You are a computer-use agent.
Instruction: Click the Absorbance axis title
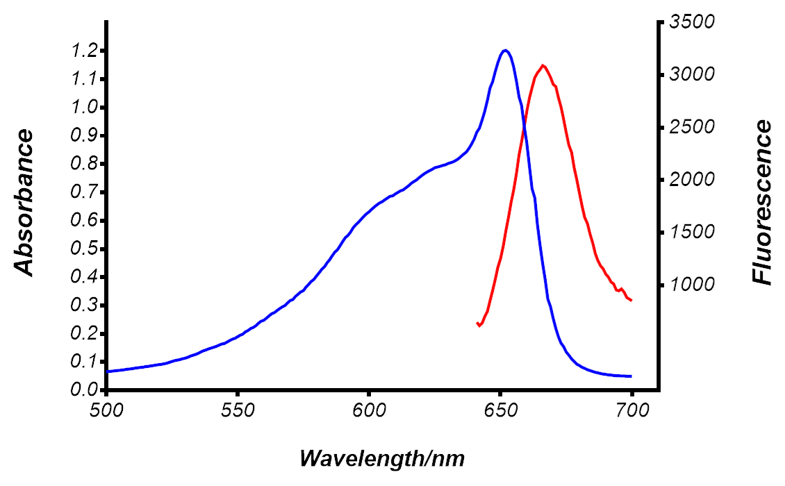coord(25,203)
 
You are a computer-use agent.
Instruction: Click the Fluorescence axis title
coord(763,202)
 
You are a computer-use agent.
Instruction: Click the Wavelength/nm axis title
coord(382,458)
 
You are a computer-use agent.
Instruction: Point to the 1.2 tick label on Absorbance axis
coord(84,51)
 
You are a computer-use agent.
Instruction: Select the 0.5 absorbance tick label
coord(84,249)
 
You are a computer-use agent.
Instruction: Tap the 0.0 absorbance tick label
coord(84,390)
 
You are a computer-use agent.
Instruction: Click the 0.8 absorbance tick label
coord(84,164)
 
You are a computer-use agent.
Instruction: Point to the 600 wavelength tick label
coord(369,409)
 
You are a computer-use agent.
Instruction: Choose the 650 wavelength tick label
coord(500,409)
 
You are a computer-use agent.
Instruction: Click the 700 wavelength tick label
coord(631,409)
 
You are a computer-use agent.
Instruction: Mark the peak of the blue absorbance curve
coord(505,50)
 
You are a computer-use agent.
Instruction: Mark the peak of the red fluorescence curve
coord(543,65)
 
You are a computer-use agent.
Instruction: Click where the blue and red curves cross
coord(523,126)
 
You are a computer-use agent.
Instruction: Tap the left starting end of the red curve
coord(478,324)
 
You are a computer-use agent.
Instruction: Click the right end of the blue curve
coord(631,376)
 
